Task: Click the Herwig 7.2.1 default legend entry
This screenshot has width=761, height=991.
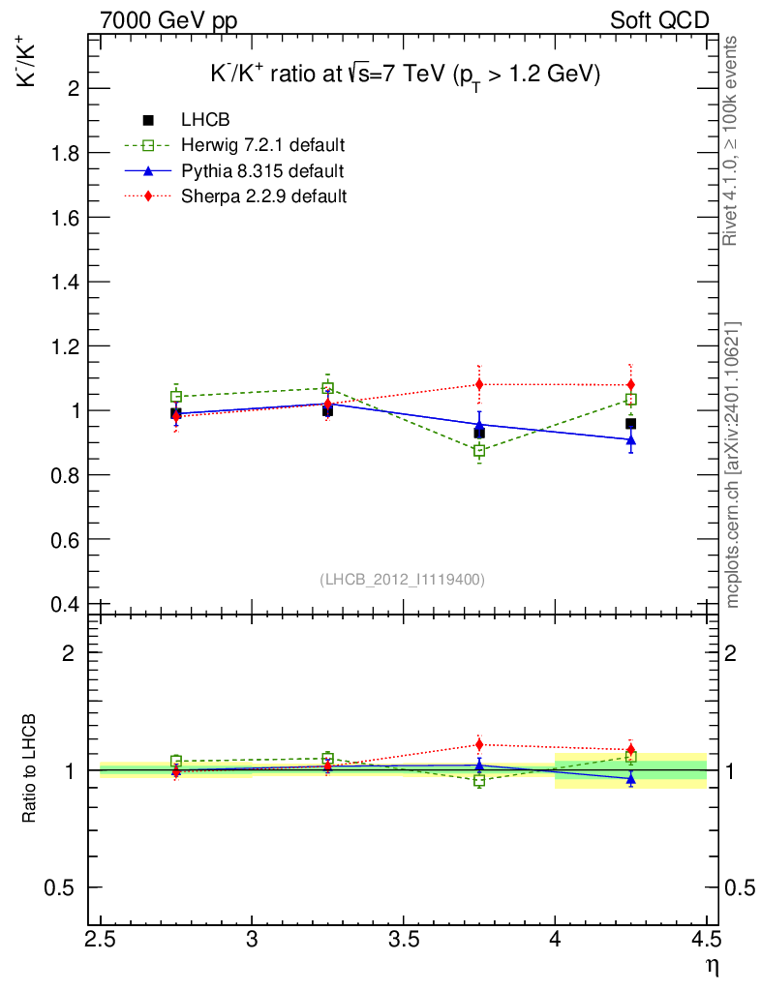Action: [262, 146]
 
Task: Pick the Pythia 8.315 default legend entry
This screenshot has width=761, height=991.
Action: [261, 171]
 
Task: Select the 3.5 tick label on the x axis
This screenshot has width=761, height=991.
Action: [404, 940]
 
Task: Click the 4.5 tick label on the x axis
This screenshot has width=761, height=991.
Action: [707, 940]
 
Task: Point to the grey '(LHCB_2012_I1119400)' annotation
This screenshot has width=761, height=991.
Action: [402, 579]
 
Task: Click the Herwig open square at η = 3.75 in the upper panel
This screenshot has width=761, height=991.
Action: [479, 451]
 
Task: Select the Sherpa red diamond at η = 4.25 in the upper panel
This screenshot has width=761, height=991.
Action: [631, 385]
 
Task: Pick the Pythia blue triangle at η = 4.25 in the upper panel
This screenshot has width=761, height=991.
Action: [631, 439]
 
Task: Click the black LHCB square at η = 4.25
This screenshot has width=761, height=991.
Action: [630, 423]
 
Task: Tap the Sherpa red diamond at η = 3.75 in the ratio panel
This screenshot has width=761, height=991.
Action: [479, 744]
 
